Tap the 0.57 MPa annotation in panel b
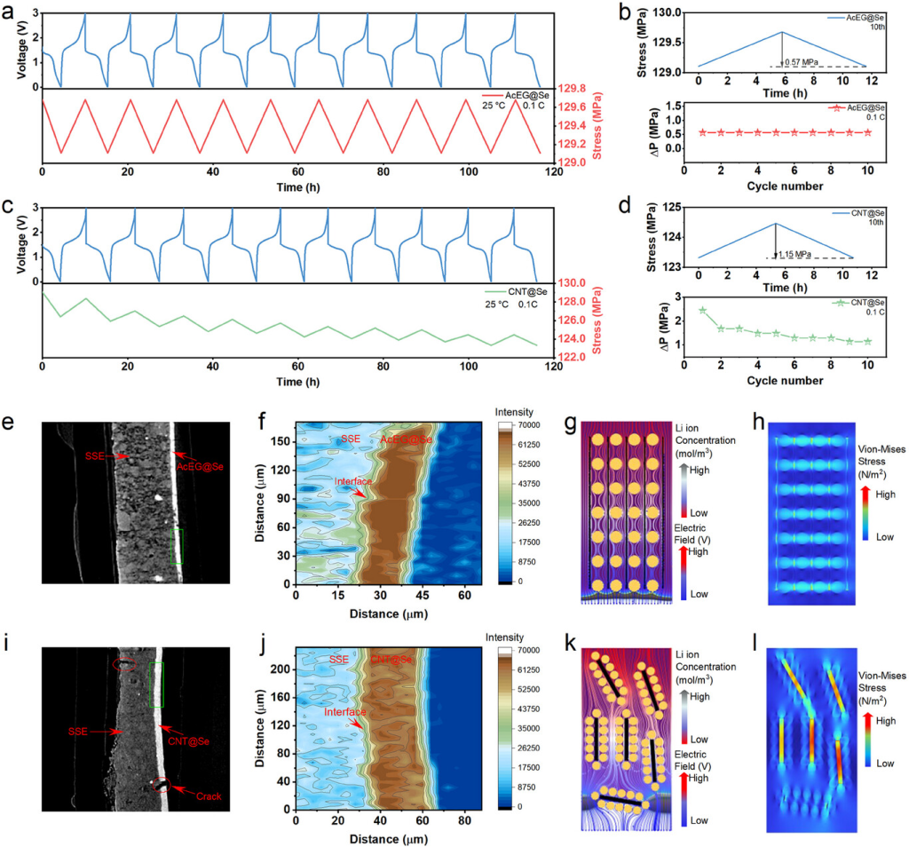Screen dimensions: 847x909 [x=804, y=61]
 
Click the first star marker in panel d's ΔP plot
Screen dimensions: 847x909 [x=702, y=311]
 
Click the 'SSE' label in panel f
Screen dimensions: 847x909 [x=350, y=439]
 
